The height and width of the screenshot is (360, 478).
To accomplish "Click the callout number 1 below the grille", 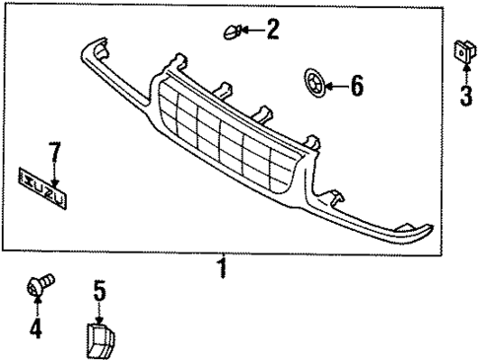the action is [224, 267].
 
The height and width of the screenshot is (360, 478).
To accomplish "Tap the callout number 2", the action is [272, 30].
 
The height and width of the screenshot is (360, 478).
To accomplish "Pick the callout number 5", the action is [99, 292].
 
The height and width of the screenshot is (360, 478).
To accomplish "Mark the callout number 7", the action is [54, 154].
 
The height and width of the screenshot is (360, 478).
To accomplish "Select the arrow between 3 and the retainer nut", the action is [461, 74].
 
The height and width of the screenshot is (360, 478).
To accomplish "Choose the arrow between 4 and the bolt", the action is [36, 306].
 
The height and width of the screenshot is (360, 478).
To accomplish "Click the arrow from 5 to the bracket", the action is [99, 311].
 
